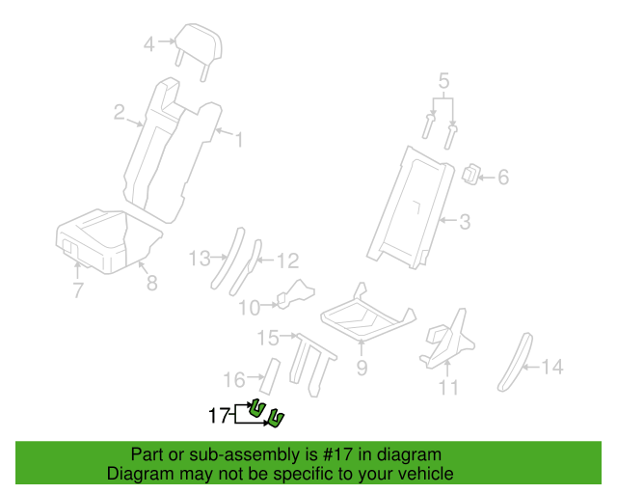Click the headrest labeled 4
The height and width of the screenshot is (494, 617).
coord(199,45)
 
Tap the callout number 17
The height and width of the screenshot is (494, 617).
coord(219,415)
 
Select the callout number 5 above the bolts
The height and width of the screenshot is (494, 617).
coord(443,81)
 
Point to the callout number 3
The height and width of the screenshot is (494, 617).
coord(465,222)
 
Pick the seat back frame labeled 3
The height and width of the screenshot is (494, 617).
coord(409,208)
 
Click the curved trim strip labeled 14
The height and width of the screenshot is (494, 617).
coord(515,363)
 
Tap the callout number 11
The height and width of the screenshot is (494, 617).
coord(448,387)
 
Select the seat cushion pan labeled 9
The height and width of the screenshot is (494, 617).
coord(368,316)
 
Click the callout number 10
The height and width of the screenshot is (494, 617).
coord(250,308)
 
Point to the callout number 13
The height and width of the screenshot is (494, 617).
coord(200,259)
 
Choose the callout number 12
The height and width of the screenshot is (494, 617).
coord(288,261)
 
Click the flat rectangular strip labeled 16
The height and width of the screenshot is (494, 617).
coord(270,376)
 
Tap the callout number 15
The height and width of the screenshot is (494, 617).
coord(268,338)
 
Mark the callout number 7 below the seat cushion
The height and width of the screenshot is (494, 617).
coord(78,290)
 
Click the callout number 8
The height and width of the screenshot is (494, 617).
coord(152,283)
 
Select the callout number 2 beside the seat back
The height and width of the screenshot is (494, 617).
coord(120,112)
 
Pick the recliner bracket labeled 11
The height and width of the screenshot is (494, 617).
coord(447,339)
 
